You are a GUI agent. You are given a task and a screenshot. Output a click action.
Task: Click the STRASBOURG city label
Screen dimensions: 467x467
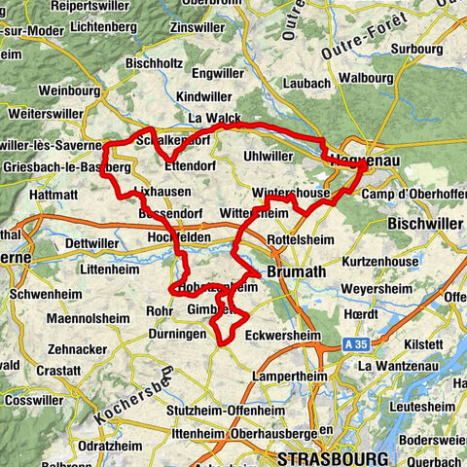pos(332,457)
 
